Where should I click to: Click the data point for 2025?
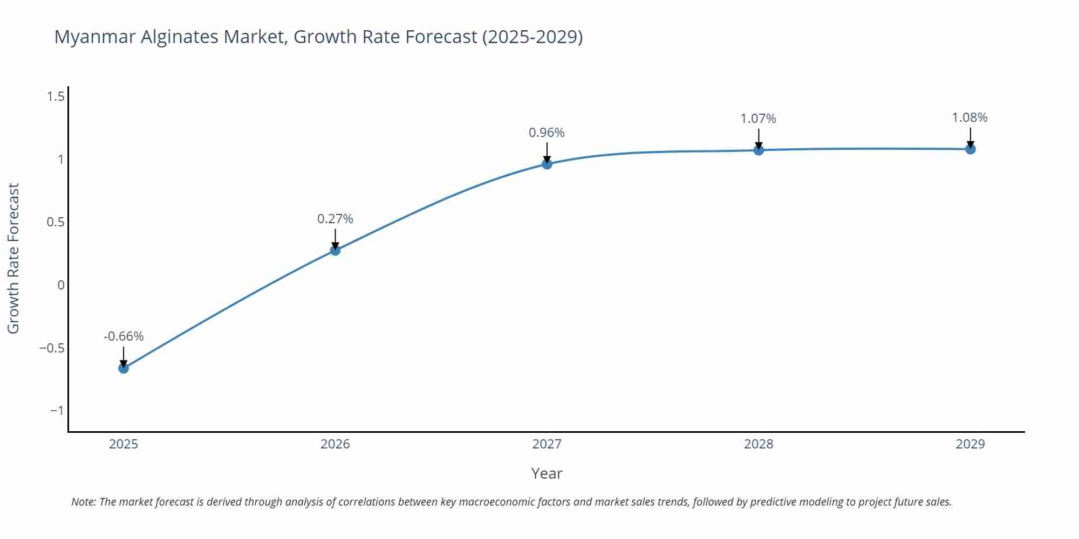(124, 368)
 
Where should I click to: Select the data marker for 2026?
(335, 250)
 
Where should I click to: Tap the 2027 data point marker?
(547, 164)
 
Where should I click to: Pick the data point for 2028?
(759, 150)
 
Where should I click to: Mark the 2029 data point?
(970, 149)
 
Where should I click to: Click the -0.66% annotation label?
(124, 336)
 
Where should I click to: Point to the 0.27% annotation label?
(335, 219)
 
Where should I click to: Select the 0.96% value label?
(547, 133)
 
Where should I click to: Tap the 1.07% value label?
(758, 119)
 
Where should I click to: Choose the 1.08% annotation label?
(969, 118)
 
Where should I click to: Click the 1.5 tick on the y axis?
(56, 96)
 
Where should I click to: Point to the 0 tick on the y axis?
(61, 285)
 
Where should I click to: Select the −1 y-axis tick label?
(57, 411)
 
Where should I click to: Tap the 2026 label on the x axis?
(335, 444)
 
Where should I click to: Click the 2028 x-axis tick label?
(759, 444)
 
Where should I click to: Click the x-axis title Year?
(547, 473)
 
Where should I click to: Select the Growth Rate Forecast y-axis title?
(13, 258)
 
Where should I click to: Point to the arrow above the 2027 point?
(547, 152)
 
